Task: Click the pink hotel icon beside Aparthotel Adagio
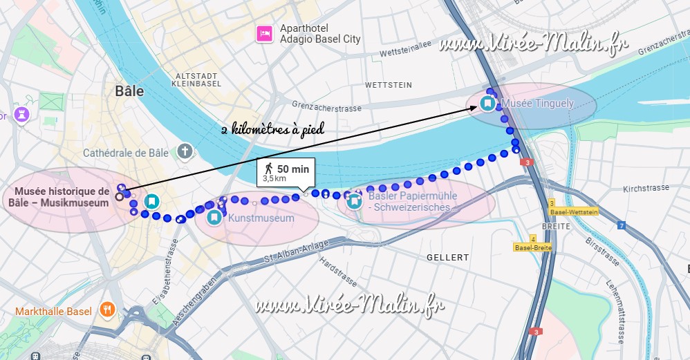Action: click(x=263, y=33)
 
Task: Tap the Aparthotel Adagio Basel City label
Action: click(x=319, y=33)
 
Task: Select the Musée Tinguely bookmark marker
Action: click(x=487, y=104)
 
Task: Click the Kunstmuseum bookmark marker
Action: click(x=214, y=218)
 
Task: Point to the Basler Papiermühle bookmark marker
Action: click(x=355, y=201)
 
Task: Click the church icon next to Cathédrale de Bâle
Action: click(x=185, y=151)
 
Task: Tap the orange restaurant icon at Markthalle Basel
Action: click(x=106, y=309)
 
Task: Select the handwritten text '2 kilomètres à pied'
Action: click(x=272, y=129)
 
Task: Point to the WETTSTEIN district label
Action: click(x=388, y=85)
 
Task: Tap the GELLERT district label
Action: click(x=447, y=257)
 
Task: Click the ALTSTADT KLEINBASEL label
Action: click(x=198, y=80)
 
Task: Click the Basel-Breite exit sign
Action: click(x=532, y=247)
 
